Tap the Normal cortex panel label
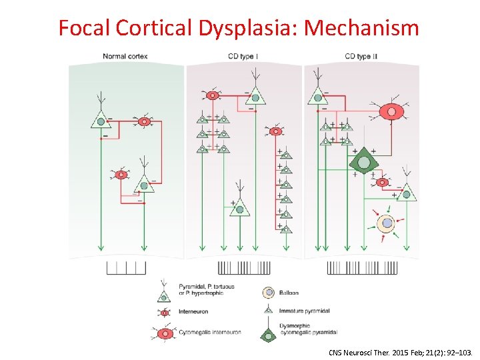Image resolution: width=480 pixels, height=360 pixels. pos(125,57)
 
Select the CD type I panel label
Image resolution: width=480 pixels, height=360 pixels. pos(245,57)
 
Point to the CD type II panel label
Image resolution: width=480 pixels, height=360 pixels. pos(363,57)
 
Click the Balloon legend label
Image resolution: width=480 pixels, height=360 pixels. pos(289,293)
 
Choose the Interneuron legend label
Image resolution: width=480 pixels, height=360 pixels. pos(193,311)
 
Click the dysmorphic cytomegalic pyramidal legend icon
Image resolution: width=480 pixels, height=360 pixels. pos(268,334)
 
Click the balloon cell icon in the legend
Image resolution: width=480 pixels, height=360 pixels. pos(268,293)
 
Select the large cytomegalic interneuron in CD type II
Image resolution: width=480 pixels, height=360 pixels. pos(391,111)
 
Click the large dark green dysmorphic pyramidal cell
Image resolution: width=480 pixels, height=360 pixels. pos(364,162)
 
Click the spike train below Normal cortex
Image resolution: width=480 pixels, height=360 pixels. pos(126,268)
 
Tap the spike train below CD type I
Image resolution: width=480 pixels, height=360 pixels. pos(245,268)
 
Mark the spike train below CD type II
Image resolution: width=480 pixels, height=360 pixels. pos(362,268)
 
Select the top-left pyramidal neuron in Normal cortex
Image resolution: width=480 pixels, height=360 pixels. pos(101,120)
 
